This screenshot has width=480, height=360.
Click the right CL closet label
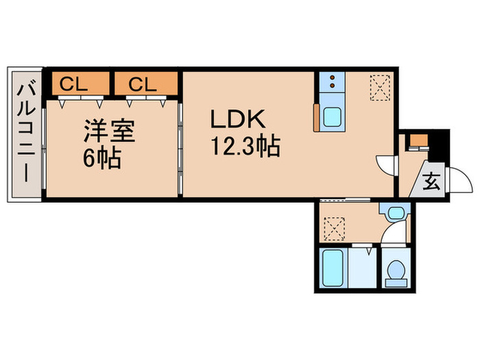[x=145, y=84]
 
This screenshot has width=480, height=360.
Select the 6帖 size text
[x=103, y=159]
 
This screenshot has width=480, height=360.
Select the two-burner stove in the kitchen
[x=332, y=83]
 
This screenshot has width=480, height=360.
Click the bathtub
[x=335, y=269]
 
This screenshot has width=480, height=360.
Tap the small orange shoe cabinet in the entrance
[x=416, y=143]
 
